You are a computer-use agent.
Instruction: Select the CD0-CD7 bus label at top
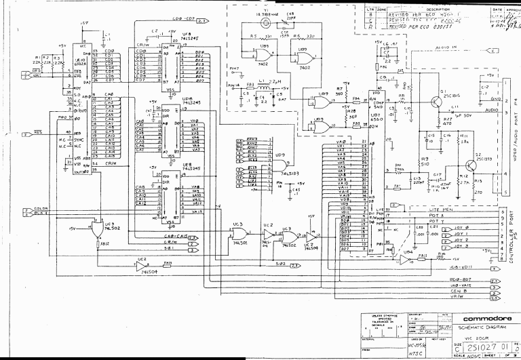coord(182,21)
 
